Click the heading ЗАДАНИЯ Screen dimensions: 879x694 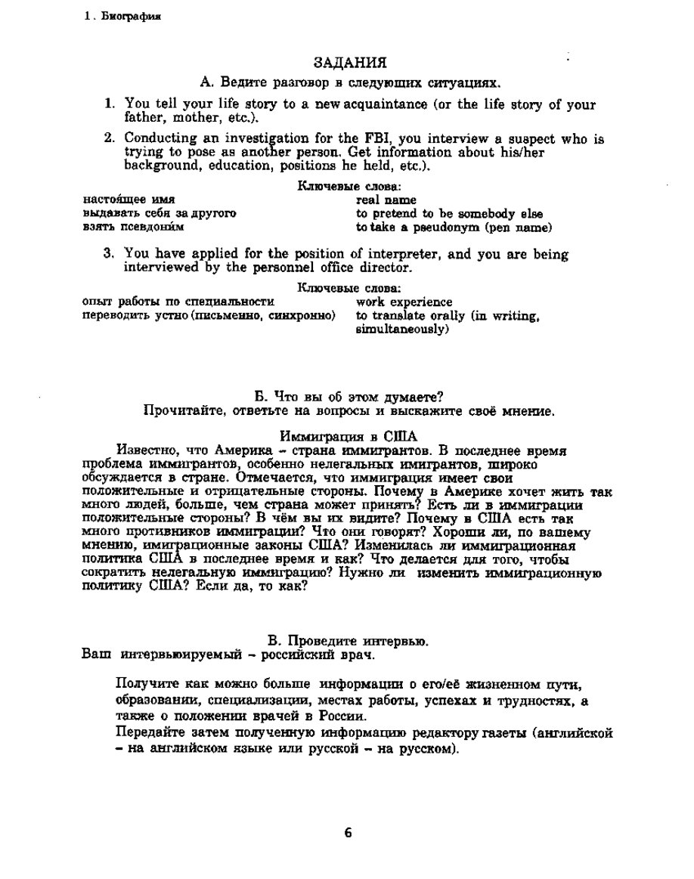(349, 62)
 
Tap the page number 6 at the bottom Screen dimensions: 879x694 (348, 833)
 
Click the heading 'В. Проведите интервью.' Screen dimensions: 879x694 (349, 641)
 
